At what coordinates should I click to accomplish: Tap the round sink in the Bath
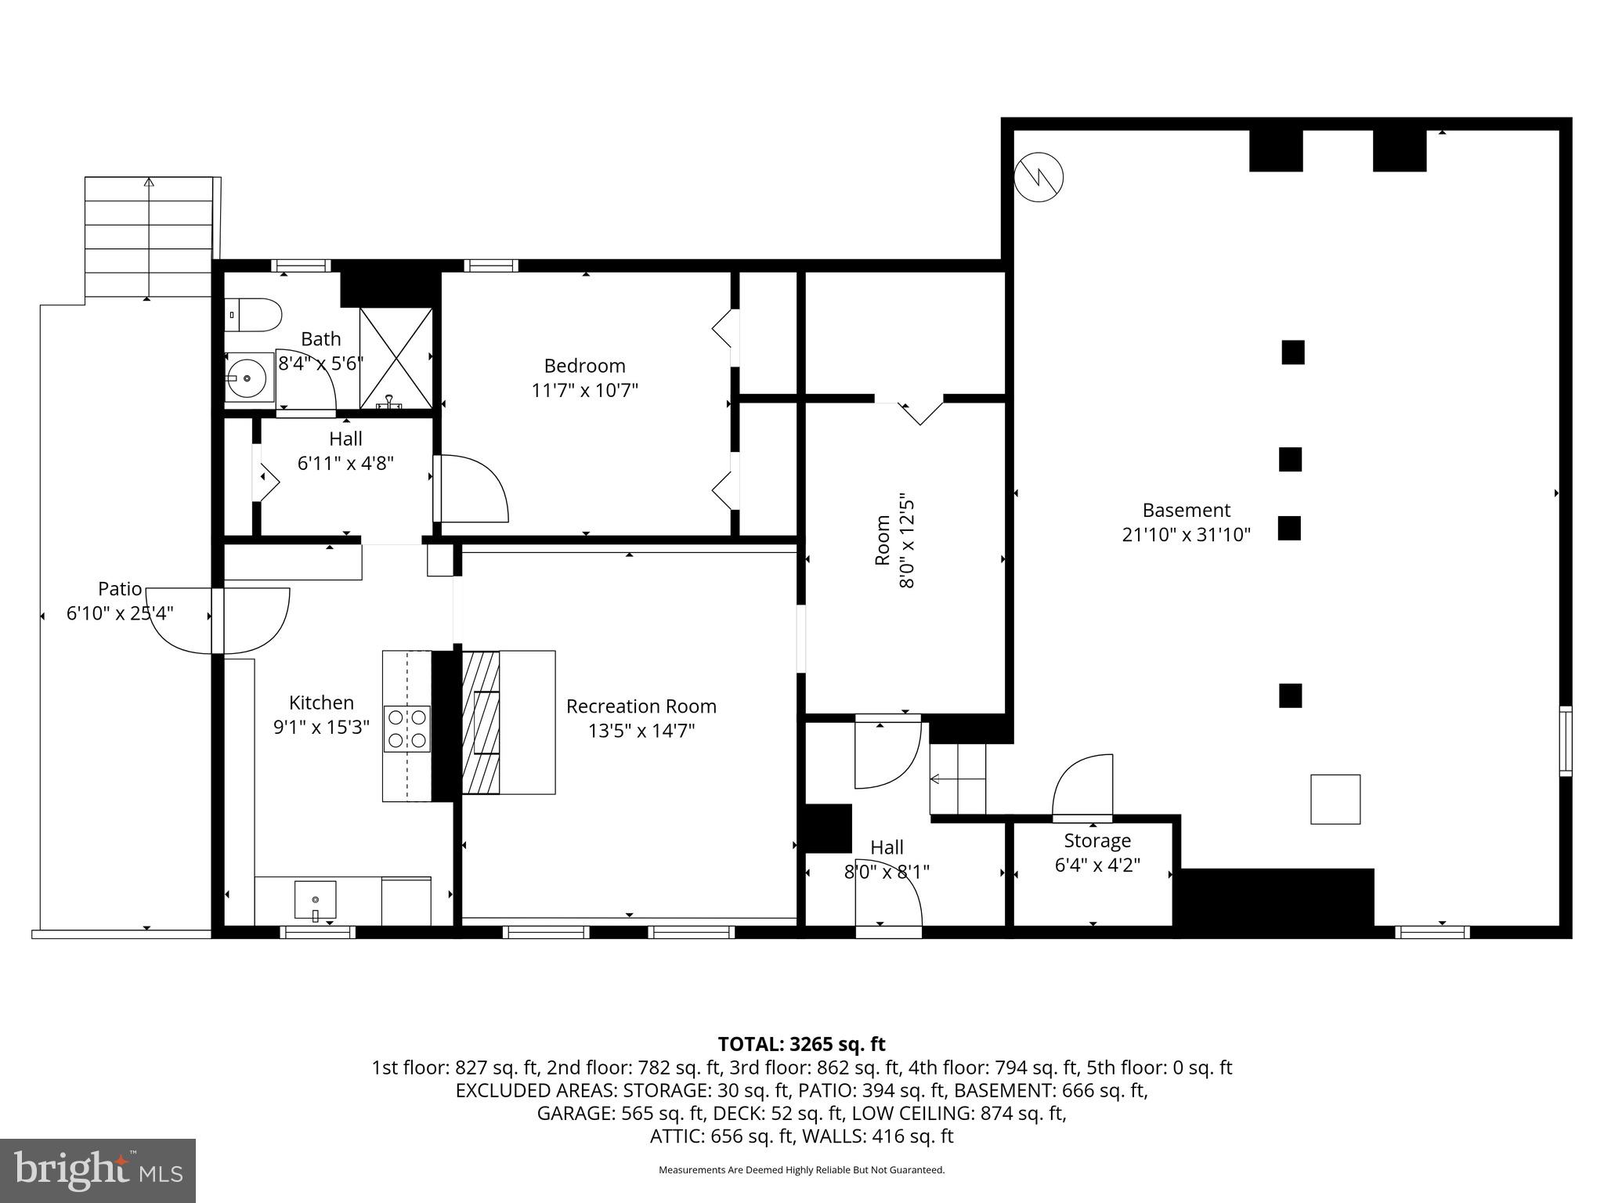(x=248, y=378)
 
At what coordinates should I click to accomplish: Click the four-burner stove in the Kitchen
(x=406, y=728)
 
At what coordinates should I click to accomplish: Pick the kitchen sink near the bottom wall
(x=315, y=899)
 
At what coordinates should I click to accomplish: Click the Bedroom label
(x=584, y=366)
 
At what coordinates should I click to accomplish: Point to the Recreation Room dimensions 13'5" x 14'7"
(x=641, y=731)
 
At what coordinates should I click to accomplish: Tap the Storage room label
(x=1096, y=841)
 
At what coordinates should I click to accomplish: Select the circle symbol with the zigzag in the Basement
(x=1039, y=178)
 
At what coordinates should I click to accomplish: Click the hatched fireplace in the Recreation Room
(x=480, y=722)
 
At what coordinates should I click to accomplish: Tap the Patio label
(x=120, y=588)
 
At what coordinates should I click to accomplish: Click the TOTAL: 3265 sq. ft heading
(x=801, y=1044)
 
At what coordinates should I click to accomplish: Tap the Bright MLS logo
(x=98, y=1170)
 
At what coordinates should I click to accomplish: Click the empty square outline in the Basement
(x=1335, y=799)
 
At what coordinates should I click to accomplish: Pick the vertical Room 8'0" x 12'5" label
(x=894, y=540)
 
